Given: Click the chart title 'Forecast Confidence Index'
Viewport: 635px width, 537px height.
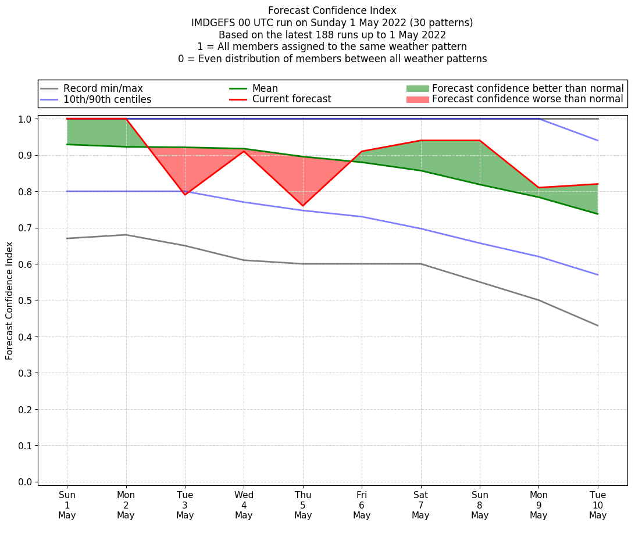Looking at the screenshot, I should point(332,10).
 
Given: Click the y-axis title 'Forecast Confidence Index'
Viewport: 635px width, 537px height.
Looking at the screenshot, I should point(9,300).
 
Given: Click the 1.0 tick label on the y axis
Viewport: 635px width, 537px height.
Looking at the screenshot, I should point(26,119).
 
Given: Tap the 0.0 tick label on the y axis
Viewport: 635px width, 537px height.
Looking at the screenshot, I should point(26,482).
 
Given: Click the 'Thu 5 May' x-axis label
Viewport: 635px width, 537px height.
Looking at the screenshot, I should point(303,505).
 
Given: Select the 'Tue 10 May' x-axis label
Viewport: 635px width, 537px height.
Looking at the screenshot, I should point(598,505).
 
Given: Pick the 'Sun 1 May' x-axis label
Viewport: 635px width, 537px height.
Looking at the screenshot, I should point(67,505).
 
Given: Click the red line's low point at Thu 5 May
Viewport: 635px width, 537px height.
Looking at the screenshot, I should point(303,206).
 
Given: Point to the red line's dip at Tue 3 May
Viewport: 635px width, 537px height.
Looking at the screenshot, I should point(185,195).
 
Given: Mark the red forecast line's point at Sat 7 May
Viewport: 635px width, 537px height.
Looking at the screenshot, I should point(421,141).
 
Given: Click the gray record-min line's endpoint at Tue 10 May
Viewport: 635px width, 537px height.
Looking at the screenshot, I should point(598,325).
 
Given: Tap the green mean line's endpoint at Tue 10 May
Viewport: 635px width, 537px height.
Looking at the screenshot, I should point(598,214).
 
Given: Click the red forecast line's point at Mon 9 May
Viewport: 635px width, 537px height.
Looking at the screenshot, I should point(539,188).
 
